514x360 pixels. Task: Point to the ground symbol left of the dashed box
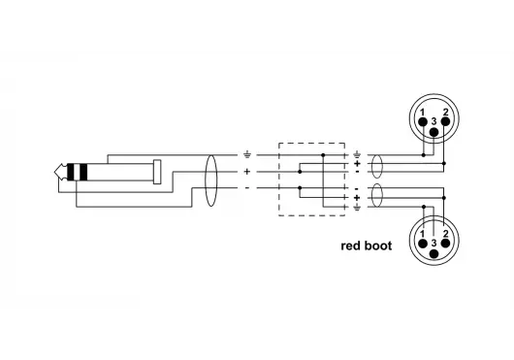247,154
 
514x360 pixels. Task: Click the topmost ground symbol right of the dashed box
358,154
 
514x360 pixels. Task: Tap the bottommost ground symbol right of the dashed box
358,206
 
